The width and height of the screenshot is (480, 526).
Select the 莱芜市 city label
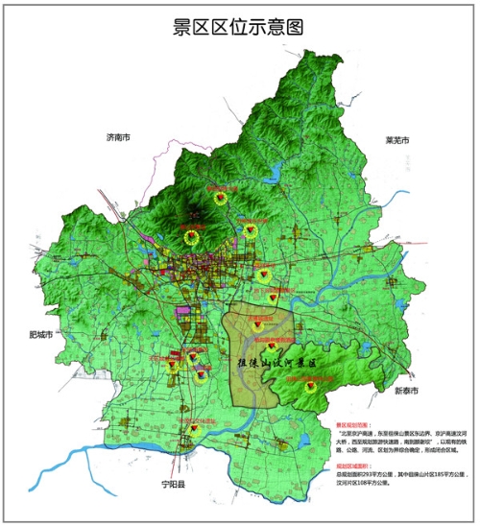pos(396,141)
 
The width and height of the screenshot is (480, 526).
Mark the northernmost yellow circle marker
pos(223,199)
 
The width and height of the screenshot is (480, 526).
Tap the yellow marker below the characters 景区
pos(311,389)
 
